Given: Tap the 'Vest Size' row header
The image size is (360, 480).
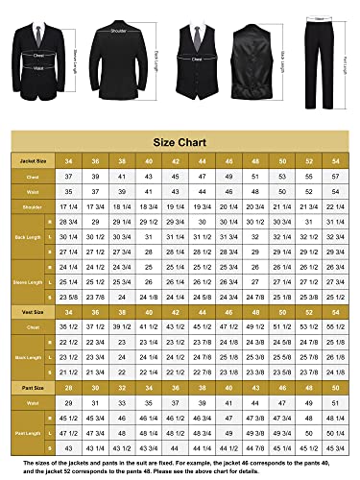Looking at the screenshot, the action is [x=34, y=313].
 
